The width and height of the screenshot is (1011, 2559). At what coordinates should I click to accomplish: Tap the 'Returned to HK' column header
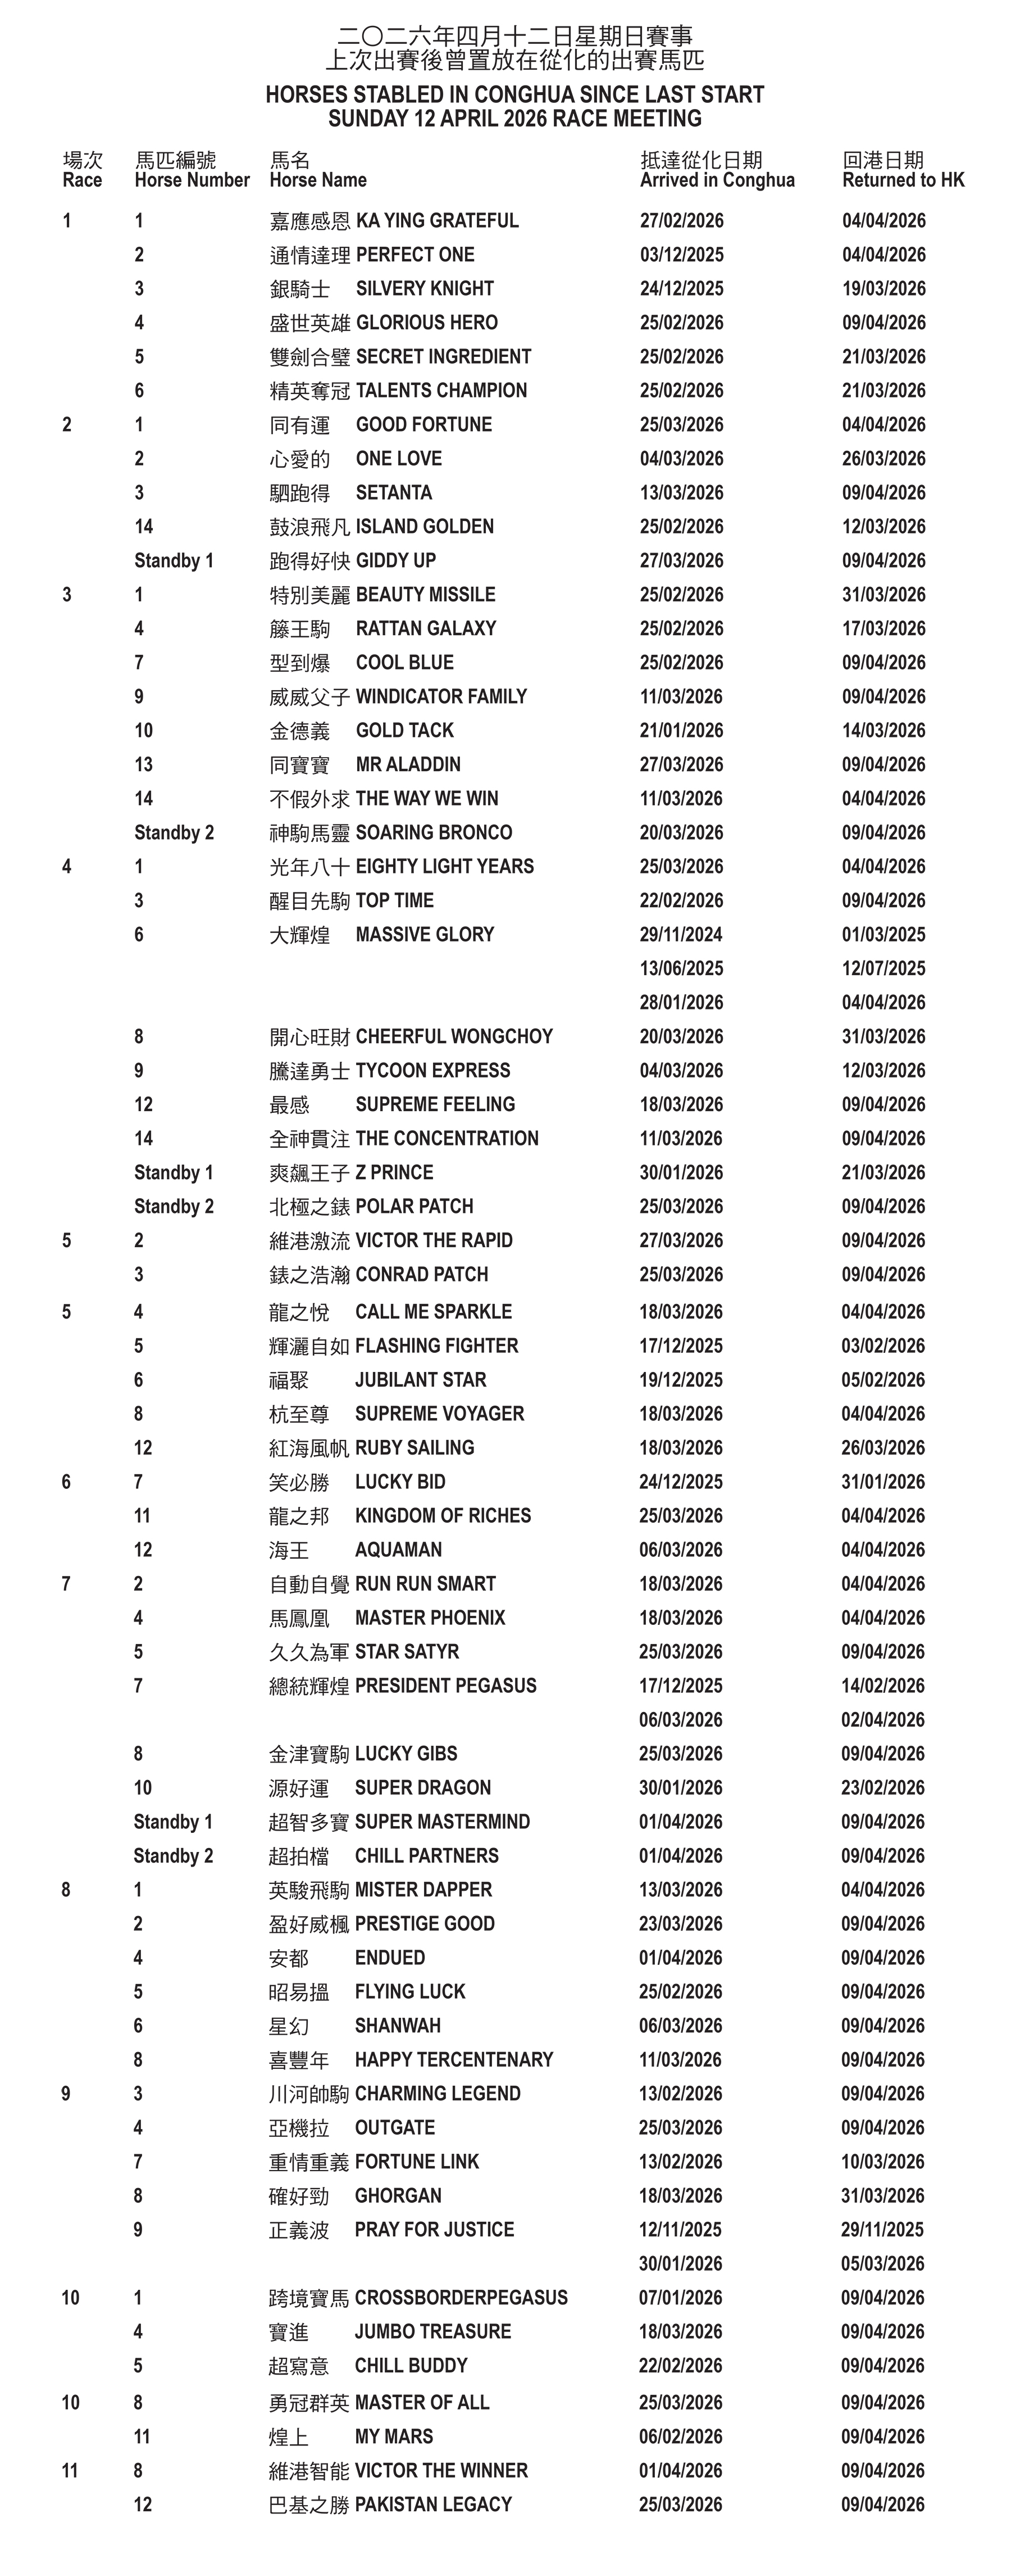pos(902,180)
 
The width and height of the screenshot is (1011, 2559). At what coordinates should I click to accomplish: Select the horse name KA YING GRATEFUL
pos(437,220)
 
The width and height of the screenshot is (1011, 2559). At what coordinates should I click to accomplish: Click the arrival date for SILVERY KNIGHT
pos(681,289)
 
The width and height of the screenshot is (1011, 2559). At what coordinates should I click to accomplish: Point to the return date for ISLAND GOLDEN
pos(883,527)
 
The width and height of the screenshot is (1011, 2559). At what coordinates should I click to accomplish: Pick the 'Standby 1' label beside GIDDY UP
pos(174,560)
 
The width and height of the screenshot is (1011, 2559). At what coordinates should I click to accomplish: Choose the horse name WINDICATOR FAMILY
pos(441,696)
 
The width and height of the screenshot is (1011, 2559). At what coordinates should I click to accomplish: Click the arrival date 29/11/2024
pos(681,934)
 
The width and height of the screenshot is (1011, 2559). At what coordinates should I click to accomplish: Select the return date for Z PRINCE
pos(883,1172)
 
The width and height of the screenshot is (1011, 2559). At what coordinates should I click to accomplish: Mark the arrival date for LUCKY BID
pos(681,1481)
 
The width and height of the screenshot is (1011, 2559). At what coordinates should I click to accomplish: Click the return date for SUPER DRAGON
pos(883,1787)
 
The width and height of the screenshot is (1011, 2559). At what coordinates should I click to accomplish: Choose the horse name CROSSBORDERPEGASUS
pos(461,2297)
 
